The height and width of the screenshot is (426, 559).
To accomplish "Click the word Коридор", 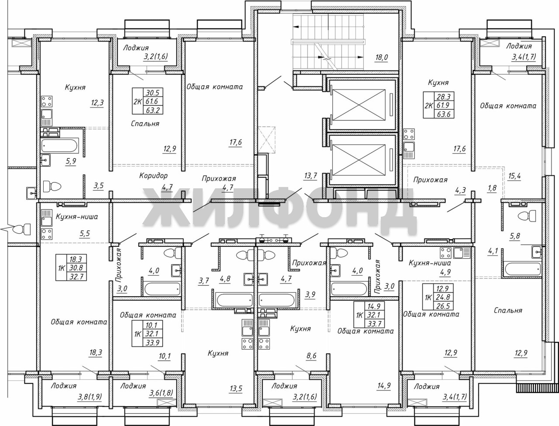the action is pyautogui.click(x=153, y=175).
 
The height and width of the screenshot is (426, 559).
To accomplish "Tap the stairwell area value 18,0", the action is pyautogui.click(x=381, y=58).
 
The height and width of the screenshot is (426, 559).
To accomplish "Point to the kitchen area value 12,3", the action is pyautogui.click(x=97, y=103).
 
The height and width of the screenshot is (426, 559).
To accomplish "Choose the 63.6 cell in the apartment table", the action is pyautogui.click(x=444, y=114).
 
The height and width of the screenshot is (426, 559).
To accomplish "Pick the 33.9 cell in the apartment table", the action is pyautogui.click(x=152, y=343).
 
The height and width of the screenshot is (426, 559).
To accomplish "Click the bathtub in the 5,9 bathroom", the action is pyautogui.click(x=59, y=146).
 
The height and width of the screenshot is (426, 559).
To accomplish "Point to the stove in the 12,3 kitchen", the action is pyautogui.click(x=47, y=101).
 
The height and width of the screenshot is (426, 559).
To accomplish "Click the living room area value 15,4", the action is pyautogui.click(x=514, y=176).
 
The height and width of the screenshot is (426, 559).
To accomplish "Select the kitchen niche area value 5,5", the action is pyautogui.click(x=85, y=234).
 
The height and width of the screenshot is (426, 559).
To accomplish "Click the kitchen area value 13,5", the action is pyautogui.click(x=235, y=388).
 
